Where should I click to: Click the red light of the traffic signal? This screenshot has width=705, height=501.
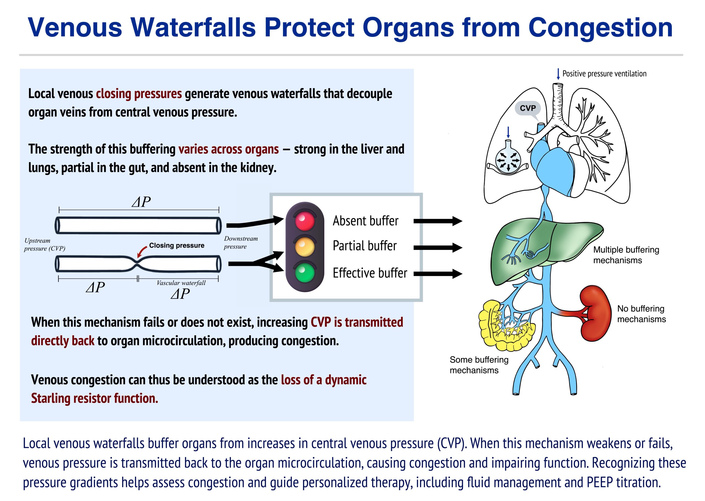305,220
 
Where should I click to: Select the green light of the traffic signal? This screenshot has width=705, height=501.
305,273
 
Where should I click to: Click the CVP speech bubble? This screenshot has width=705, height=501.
528,108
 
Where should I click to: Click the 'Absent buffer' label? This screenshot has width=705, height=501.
365,221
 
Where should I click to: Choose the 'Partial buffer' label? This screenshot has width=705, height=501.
364,246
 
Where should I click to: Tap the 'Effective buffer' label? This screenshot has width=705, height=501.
370,273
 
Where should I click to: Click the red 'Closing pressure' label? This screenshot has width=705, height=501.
177,246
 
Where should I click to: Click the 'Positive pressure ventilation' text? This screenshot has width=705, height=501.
604,74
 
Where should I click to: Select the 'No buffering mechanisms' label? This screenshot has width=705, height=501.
641,314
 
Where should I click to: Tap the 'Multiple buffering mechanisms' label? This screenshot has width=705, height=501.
626,255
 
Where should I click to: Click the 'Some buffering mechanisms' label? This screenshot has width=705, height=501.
479,365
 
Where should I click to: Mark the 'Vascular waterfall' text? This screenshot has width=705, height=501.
181,283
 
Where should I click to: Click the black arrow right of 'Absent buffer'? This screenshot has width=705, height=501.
438,221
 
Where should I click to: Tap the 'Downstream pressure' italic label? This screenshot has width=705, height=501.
241,243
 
